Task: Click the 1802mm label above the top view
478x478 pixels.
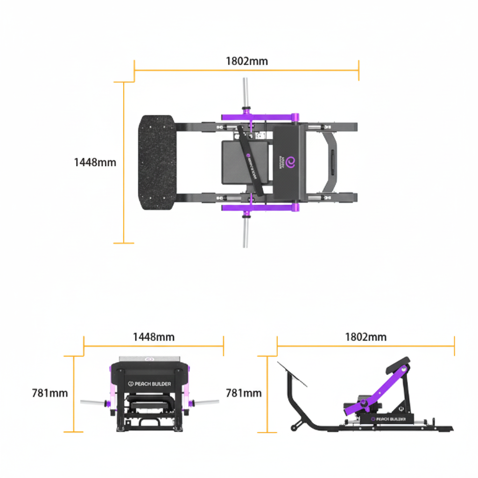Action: pyautogui.click(x=246, y=61)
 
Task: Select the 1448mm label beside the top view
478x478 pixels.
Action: pyautogui.click(x=95, y=162)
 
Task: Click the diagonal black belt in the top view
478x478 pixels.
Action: pyautogui.click(x=251, y=160)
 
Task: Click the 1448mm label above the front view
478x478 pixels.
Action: pyautogui.click(x=154, y=337)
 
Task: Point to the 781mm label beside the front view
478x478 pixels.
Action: pyautogui.click(x=50, y=393)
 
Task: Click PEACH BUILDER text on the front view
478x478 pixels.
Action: pyautogui.click(x=149, y=384)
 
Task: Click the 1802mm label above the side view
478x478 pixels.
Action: pyautogui.click(x=366, y=337)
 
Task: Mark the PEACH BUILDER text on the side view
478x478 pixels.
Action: pyautogui.click(x=387, y=419)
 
